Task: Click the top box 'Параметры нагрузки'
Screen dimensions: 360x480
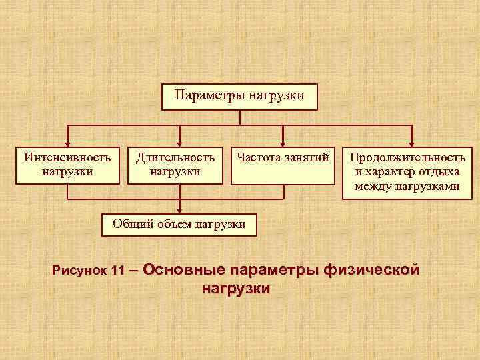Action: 240,97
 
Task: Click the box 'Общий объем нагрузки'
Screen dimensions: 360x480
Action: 179,224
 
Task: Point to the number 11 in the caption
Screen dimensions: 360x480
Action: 118,271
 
